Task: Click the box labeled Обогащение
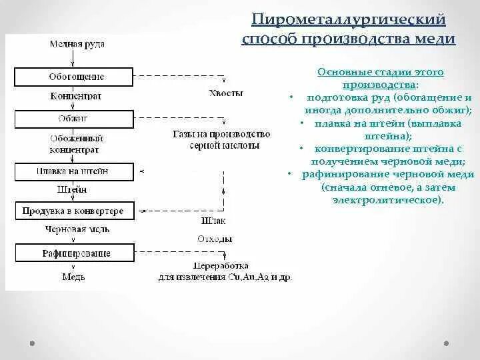(77, 77)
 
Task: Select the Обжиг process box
(77, 119)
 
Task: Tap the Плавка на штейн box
(77, 172)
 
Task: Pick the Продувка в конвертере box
(73, 211)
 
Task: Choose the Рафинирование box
(77, 253)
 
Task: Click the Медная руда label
(77, 44)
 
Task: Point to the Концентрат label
(77, 97)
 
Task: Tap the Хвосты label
(225, 93)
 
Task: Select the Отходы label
(215, 239)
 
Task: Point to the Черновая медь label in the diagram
(77, 230)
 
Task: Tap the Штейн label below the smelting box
(72, 190)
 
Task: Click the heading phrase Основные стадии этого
(381, 72)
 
